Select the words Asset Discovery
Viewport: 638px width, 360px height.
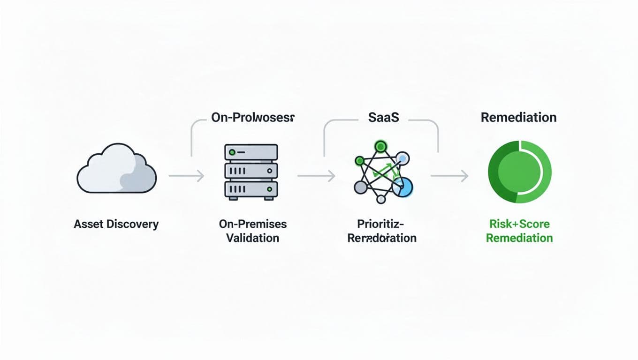116,224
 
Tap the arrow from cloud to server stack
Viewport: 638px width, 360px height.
186,176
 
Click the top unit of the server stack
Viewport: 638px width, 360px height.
251,152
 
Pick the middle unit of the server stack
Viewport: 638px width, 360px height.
251,171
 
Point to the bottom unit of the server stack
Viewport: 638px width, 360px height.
251,189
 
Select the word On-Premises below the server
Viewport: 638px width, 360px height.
253,224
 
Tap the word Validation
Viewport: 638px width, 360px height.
252,238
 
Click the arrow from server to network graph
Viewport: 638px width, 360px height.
316,176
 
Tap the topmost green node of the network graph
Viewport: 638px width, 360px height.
380,145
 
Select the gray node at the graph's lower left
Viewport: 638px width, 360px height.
360,187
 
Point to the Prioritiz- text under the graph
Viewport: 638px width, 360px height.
381,224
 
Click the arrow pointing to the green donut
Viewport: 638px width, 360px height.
449,176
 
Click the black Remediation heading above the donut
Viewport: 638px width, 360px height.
519,117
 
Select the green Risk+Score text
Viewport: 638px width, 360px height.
519,224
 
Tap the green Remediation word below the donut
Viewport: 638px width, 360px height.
519,238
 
